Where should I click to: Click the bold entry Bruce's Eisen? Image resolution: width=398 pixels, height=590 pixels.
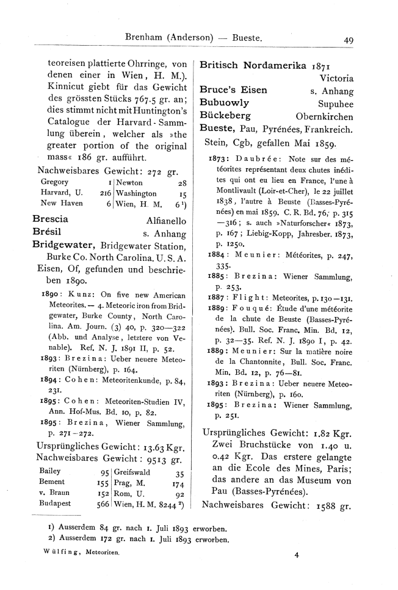(234, 90)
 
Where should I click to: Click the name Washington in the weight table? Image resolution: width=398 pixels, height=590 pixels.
(137, 192)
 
